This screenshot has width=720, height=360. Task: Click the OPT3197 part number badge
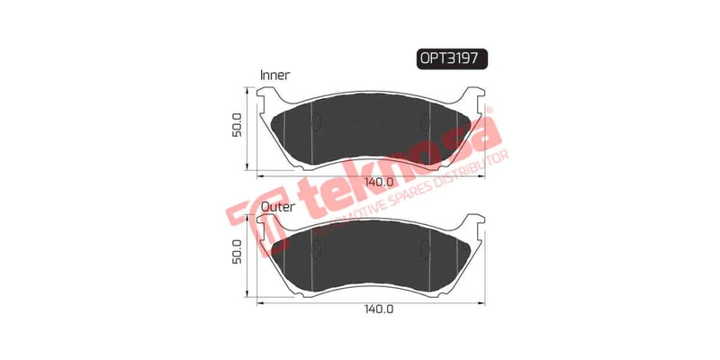(452, 58)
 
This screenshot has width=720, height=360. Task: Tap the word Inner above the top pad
(275, 75)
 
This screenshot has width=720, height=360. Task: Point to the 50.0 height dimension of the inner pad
(237, 128)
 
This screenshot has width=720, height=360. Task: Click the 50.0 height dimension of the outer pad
(237, 256)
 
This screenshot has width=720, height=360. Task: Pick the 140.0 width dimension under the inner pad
(380, 181)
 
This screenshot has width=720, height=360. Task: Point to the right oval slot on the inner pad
(426, 125)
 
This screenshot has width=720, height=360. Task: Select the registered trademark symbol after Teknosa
(490, 110)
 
